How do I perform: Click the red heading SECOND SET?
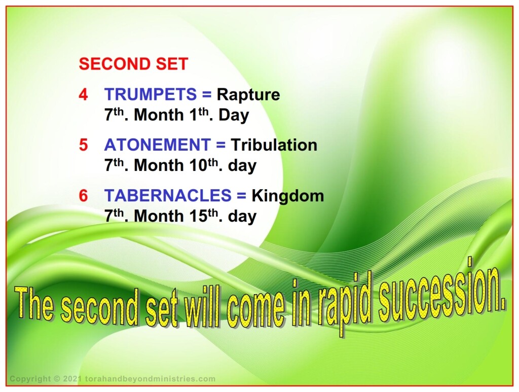pyautogui.click(x=133, y=64)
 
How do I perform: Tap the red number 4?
pyautogui.click(x=84, y=95)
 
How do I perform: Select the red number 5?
pyautogui.click(x=84, y=145)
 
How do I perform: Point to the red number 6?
pyautogui.click(x=84, y=195)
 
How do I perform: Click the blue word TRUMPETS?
pyautogui.click(x=151, y=94)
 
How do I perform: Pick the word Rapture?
pyautogui.click(x=248, y=95)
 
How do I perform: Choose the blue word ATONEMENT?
pyautogui.click(x=158, y=145)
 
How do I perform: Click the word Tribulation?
pyautogui.click(x=274, y=145)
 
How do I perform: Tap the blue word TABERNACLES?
pyautogui.click(x=168, y=195)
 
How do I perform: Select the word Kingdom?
pyautogui.click(x=288, y=196)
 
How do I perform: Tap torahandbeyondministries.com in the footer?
pyautogui.click(x=150, y=379)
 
